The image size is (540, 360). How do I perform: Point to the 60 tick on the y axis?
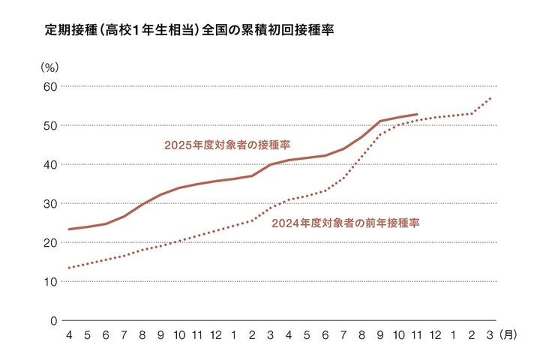pos(49,86)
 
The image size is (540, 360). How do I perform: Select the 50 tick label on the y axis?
pos(49,125)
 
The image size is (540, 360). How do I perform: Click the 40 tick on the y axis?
pos(49,164)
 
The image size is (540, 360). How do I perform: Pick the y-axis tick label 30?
pos(49,203)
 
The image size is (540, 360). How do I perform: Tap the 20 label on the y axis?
pos(49,242)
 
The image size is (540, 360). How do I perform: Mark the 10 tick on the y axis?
pos(49,281)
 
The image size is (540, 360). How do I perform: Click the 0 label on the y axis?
pos(53,320)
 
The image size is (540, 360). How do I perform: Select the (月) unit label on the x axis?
pos(508,334)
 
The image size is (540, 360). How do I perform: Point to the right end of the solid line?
pos(417,115)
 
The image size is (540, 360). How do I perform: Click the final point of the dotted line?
pos(490,98)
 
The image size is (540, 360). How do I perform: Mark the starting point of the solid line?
pos(70,229)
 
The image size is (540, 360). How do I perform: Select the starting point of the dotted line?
pos(70,268)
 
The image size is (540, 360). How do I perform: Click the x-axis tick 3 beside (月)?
pos(490,334)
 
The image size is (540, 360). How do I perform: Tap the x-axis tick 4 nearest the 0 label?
pos(70,334)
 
